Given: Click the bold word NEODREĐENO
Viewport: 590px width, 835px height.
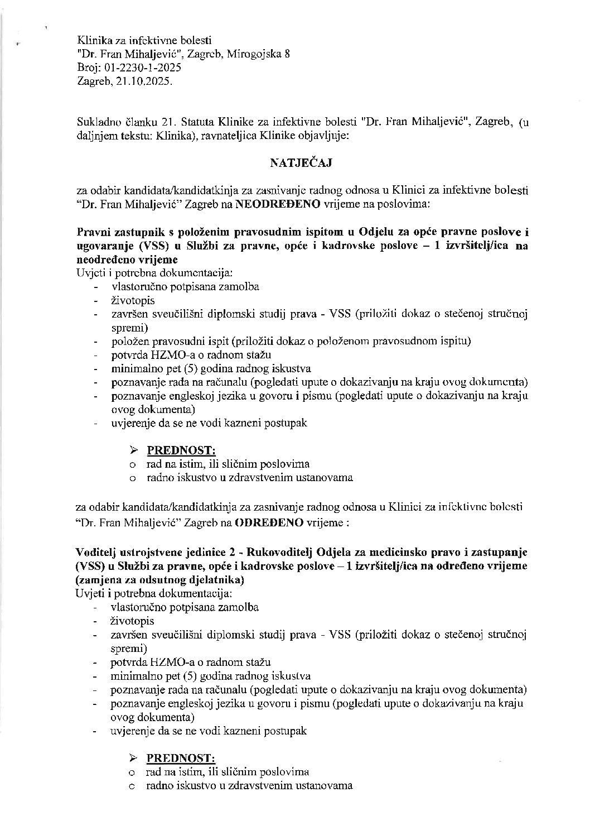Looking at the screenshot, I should [x=278, y=204].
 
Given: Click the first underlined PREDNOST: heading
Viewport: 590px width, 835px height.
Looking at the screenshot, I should [x=181, y=450].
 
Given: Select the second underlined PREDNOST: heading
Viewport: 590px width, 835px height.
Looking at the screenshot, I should [x=181, y=757].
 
